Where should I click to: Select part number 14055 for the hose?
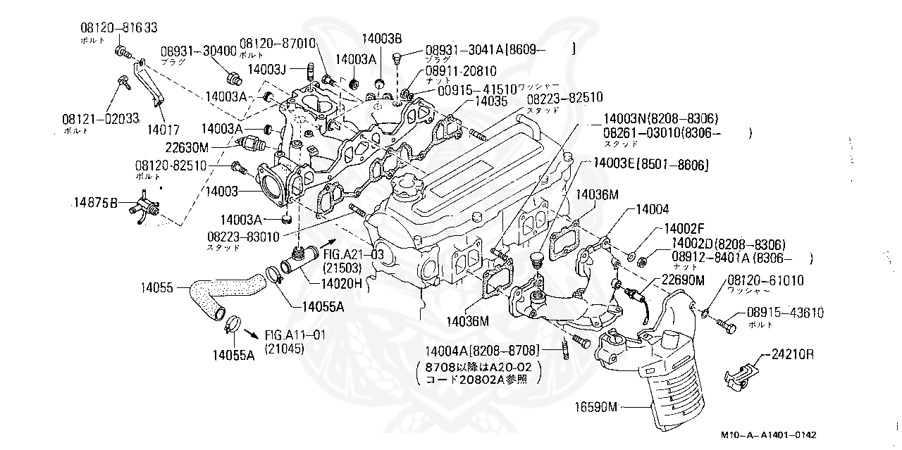click(156, 287)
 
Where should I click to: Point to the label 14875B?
click(95, 204)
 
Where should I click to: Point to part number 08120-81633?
click(117, 27)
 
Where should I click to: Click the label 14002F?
click(684, 230)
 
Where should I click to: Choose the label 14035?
click(490, 101)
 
